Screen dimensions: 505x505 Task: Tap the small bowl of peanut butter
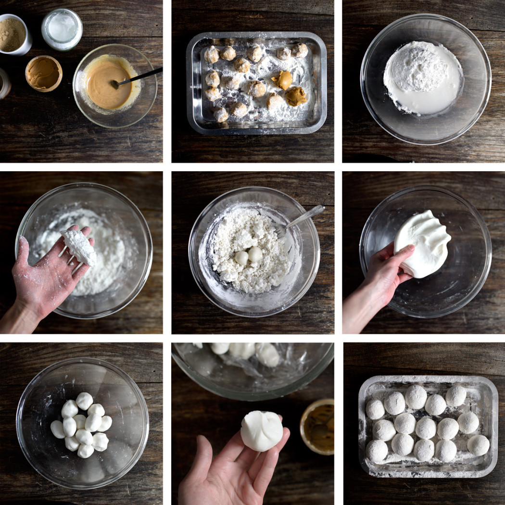tap(43, 73)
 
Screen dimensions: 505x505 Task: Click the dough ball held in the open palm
tap(261, 430)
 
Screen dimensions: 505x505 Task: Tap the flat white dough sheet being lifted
tap(422, 243)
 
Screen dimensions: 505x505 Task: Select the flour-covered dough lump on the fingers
tap(79, 246)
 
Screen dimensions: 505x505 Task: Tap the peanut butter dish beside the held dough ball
tap(318, 426)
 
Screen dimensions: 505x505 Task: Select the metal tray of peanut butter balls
tap(256, 83)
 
